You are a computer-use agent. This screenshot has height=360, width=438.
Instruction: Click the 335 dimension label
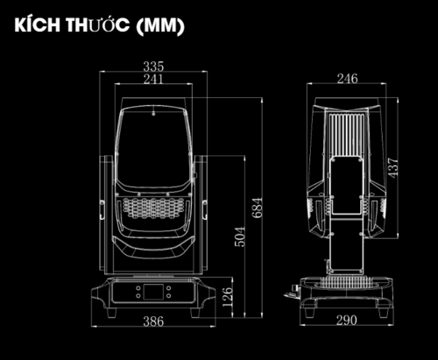153,67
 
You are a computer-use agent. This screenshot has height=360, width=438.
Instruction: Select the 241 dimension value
153,79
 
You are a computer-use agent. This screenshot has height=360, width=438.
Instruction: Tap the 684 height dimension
258,208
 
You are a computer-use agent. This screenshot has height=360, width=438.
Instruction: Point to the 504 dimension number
240,236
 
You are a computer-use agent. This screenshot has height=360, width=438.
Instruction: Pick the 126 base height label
228,297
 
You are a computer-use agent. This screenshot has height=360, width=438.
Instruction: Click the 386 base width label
153,321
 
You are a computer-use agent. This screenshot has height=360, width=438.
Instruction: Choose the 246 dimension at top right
347,79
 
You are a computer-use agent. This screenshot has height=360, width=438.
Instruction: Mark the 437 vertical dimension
393,167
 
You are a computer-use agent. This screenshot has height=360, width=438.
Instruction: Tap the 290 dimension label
347,321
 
